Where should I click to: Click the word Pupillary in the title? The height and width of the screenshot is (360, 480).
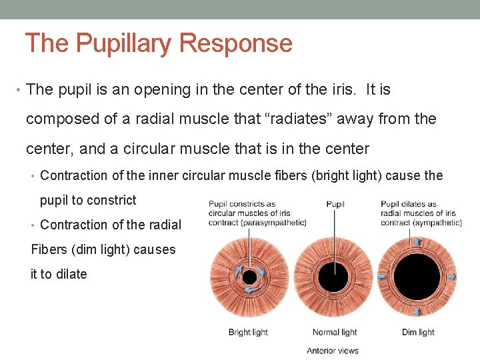[x=124, y=44]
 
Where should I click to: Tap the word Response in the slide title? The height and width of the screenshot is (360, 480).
[x=236, y=44]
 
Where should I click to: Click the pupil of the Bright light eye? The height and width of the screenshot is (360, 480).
[x=249, y=277]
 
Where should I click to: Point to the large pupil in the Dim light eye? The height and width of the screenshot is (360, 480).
[x=417, y=276]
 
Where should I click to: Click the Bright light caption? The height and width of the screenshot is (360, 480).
[x=248, y=332]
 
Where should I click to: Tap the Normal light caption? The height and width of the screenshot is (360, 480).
[x=335, y=332]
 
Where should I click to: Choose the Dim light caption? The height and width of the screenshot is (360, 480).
[x=418, y=332]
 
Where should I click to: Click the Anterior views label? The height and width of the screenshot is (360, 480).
[x=333, y=350]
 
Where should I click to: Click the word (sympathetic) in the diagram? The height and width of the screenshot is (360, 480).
[x=437, y=222]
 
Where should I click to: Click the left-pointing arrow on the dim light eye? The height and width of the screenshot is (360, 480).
[x=383, y=276]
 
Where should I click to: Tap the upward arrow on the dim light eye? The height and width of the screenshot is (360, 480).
[x=417, y=242]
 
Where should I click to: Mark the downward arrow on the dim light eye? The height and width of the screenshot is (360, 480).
[x=417, y=311]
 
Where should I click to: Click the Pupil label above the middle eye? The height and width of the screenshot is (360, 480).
[x=335, y=204]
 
